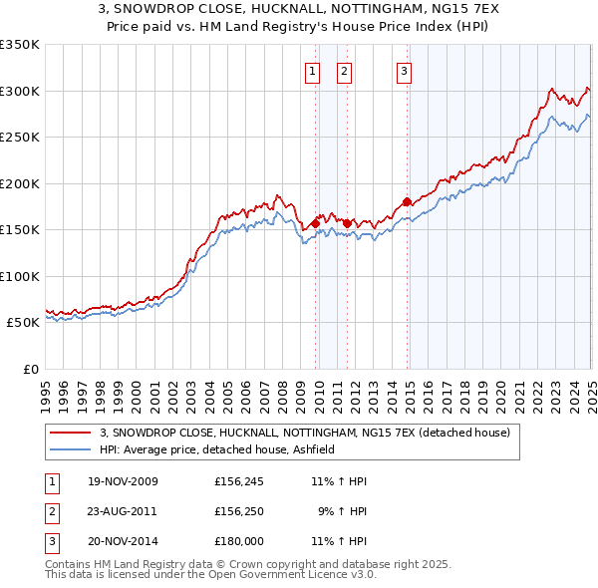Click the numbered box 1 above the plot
point(312,70)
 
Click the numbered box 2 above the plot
point(344,70)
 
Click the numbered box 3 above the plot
point(404,70)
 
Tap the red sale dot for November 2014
point(407,202)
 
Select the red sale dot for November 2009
point(315,224)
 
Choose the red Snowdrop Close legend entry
point(305,433)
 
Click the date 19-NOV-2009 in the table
point(123,481)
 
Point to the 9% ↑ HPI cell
point(342,511)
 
